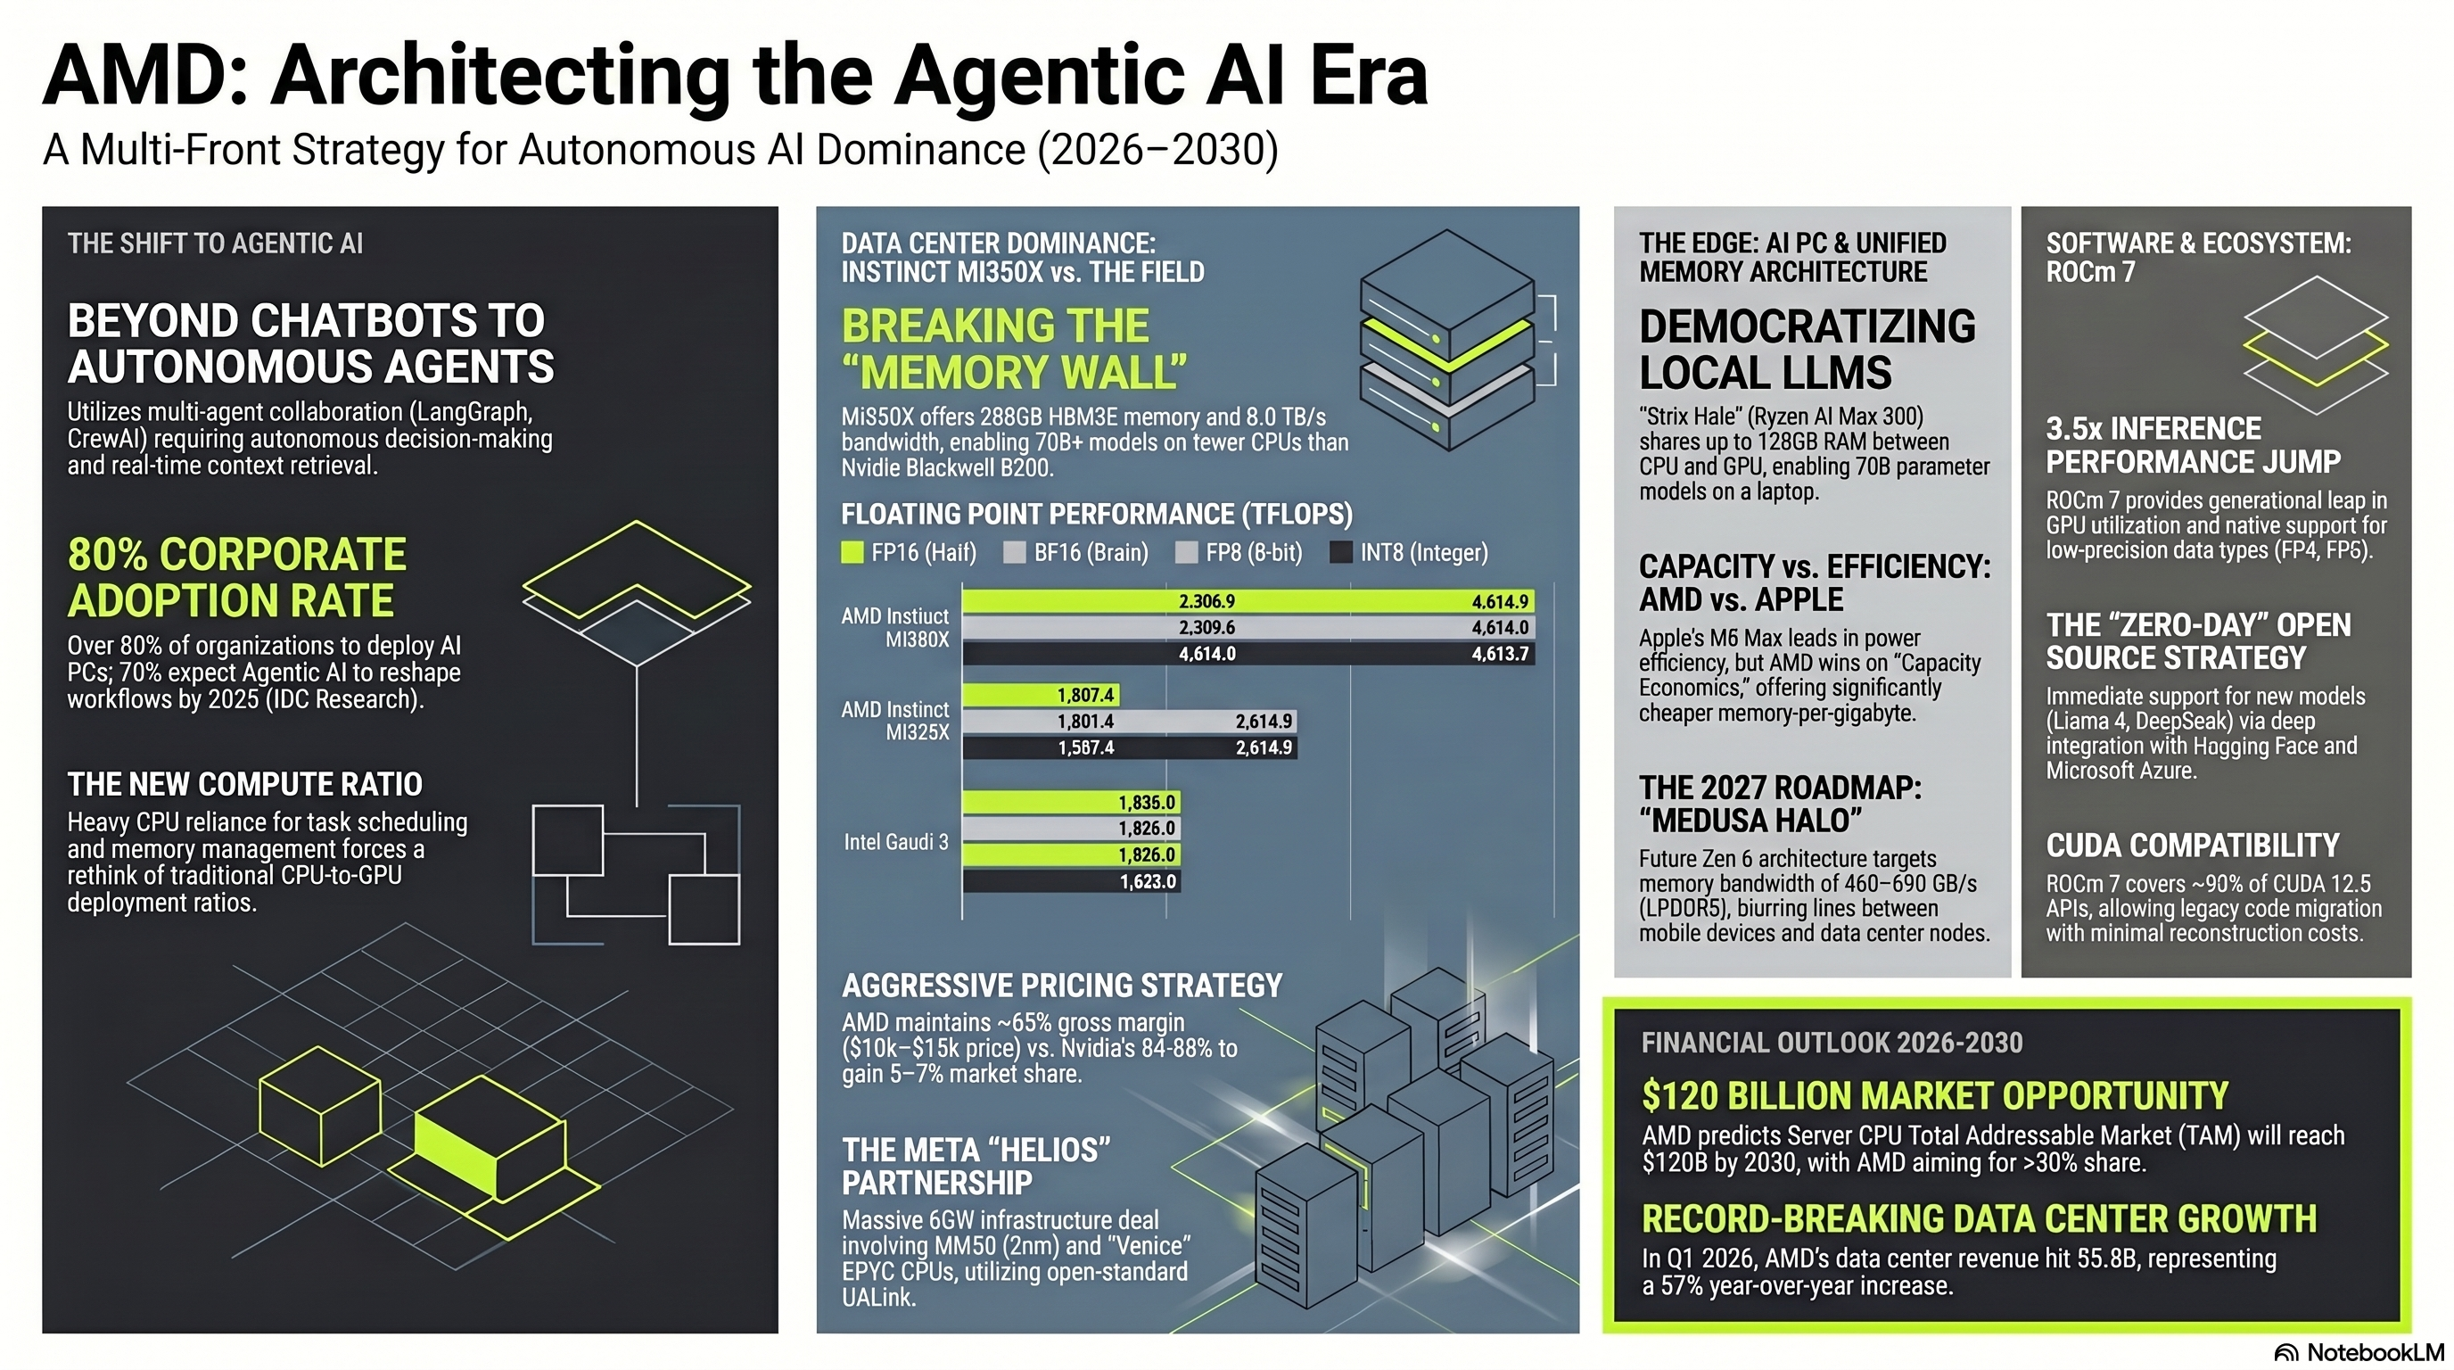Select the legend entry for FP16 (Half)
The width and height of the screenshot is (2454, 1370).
[909, 553]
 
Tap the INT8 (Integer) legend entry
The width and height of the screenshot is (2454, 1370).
[1408, 553]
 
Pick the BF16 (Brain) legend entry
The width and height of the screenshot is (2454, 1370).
[1075, 553]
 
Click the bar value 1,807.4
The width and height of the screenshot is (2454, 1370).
[1085, 696]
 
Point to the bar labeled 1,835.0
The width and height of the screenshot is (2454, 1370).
[1071, 802]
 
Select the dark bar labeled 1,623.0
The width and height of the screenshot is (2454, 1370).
[1071, 881]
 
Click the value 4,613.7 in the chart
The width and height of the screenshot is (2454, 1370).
[1500, 654]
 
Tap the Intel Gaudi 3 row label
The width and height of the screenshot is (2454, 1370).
[895, 842]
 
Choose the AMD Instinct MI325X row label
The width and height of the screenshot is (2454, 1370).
[895, 721]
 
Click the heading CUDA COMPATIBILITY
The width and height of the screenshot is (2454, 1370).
[2192, 845]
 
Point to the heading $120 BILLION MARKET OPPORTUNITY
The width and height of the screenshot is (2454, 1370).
[1935, 1095]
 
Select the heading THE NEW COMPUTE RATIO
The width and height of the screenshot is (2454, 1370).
[245, 784]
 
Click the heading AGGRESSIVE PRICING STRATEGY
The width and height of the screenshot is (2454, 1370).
[1062, 985]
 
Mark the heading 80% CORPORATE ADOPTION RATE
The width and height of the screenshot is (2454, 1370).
[237, 577]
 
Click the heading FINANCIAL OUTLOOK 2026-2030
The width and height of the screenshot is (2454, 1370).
[1831, 1043]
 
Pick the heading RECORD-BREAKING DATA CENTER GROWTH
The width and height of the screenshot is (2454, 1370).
[1979, 1218]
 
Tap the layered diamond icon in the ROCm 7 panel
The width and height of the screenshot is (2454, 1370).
[2315, 345]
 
